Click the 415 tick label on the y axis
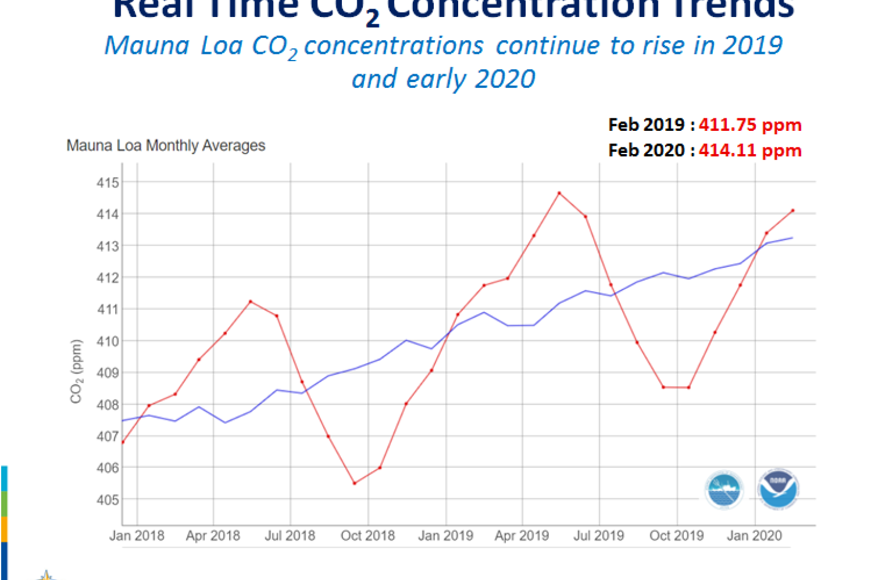107,183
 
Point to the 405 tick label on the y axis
107,500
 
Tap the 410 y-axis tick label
107,342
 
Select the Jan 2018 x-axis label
137,536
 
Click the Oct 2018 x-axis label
367,536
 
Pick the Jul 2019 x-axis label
599,536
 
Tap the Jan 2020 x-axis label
754,536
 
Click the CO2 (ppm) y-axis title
76,372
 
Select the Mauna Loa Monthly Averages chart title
166,146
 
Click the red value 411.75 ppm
750,125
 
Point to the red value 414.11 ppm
750,151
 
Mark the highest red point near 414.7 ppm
559,193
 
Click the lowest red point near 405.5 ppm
354,483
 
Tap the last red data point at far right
793,211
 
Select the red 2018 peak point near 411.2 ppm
251,301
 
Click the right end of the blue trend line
792,238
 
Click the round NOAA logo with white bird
778,489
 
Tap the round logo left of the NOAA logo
724,490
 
